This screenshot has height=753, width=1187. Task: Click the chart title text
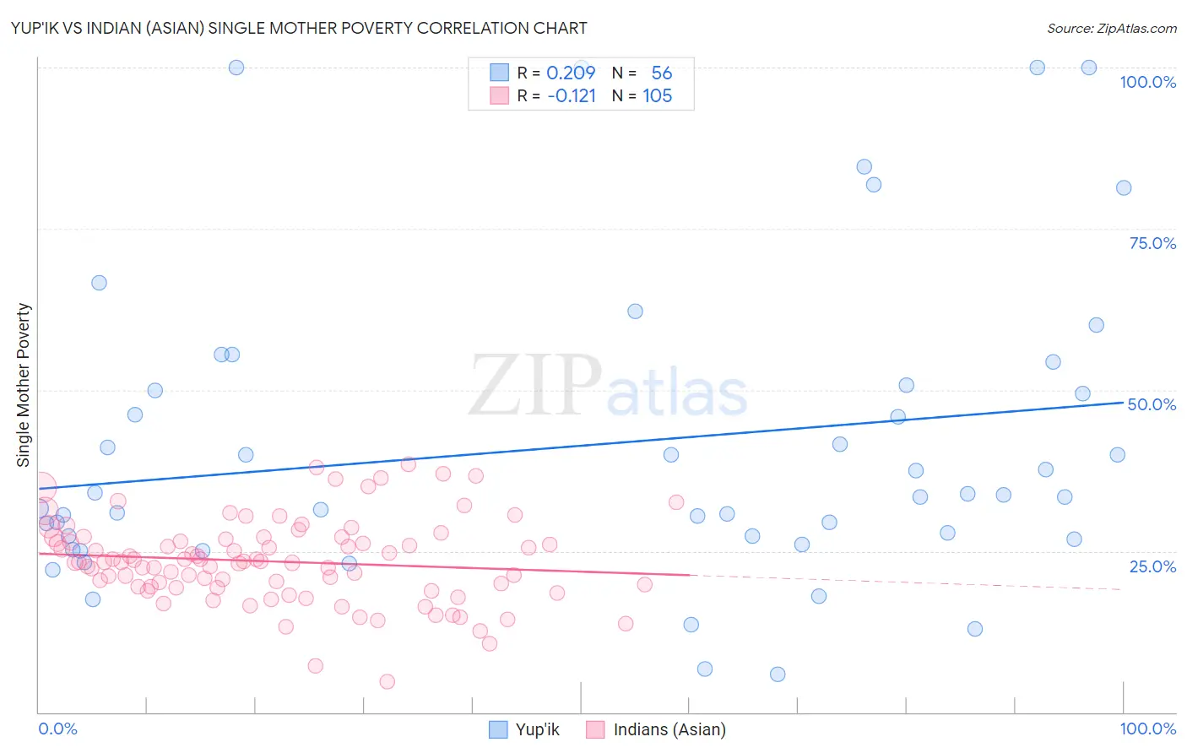coord(299,28)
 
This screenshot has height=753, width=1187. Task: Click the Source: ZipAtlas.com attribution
coord(1111,28)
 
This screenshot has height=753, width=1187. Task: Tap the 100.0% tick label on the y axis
coord(1147,82)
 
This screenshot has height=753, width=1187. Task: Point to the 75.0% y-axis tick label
coord(1152,243)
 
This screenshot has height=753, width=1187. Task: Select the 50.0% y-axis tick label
coord(1152,404)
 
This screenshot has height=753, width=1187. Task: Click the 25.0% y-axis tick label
coord(1152,566)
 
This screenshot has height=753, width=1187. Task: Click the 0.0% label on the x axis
coord(57,729)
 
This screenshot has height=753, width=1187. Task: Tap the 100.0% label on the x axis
coord(1147,729)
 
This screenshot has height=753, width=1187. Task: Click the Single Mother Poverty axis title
coord(24,385)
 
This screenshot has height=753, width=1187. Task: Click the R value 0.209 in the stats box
coord(571,73)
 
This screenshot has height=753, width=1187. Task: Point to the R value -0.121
coord(572,96)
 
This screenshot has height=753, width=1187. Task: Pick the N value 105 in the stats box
coord(657,96)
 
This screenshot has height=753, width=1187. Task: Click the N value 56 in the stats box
coord(661,73)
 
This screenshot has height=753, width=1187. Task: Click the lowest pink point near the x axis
coord(388,681)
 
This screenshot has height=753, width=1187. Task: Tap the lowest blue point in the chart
coord(778,674)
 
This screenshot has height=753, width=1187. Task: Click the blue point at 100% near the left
coord(236,68)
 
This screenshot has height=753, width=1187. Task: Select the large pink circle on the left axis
coord(41,488)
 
